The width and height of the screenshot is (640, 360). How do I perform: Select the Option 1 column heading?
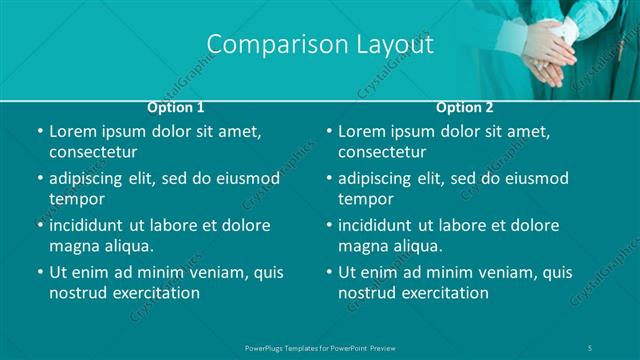tap(176, 107)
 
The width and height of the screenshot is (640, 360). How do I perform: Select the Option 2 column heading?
tap(465, 107)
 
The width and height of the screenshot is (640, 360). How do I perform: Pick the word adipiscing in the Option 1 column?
tap(91, 179)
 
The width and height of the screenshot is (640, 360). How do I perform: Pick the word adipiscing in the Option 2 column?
tap(380, 179)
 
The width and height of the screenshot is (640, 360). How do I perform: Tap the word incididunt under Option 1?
tap(93, 226)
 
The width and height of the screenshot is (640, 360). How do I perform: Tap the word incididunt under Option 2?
tap(382, 226)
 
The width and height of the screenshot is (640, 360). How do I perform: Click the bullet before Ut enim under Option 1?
tap(39, 272)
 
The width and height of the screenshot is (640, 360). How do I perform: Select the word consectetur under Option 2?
tap(382, 152)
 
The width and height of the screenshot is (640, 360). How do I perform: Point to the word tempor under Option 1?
tap(77, 199)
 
